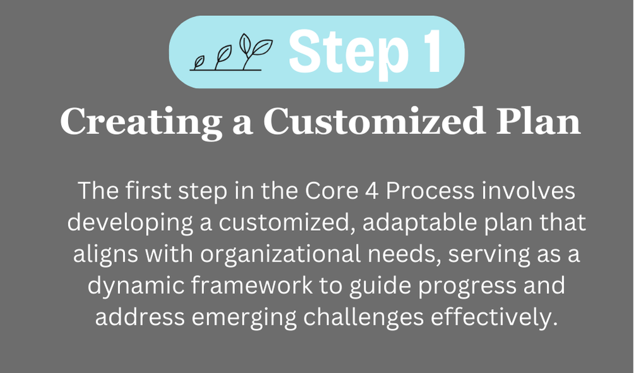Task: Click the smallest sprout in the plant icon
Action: pos(198,63)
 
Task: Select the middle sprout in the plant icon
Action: pos(222,58)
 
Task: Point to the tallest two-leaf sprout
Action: pos(254,51)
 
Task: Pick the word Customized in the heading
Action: pos(374,121)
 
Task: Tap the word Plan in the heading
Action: pos(539,121)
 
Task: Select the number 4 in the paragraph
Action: pos(373,191)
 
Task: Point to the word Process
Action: pos(430,191)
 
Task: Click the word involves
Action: pos(528,191)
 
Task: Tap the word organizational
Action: pos(280,254)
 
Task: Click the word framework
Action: pos(252,285)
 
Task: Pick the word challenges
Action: pos(364,317)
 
